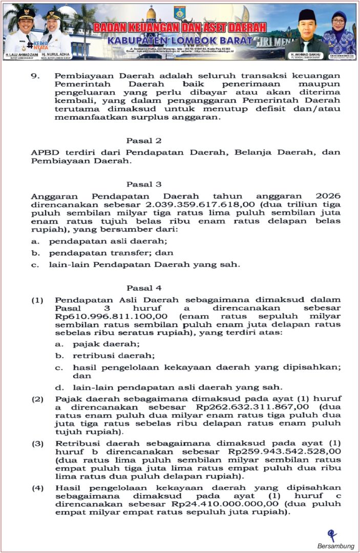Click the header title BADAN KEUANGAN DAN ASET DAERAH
(180, 27)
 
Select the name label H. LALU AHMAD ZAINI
(19, 54)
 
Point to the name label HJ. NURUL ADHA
(58, 54)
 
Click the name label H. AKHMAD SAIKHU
(306, 54)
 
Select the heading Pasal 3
(144, 184)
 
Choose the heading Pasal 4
(144, 288)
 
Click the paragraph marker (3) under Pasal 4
(38, 443)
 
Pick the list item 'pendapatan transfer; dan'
(111, 252)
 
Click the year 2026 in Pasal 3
(329, 196)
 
